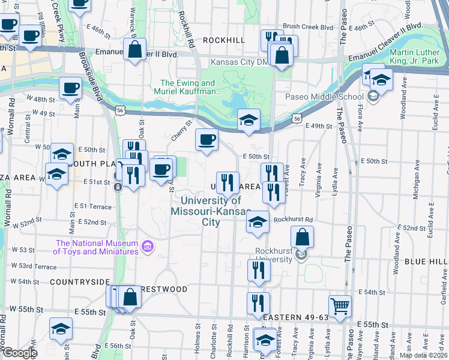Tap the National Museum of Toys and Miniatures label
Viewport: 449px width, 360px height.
pyautogui.click(x=97, y=247)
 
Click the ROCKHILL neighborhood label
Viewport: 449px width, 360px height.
pyautogui.click(x=224, y=40)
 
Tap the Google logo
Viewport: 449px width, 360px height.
pyautogui.click(x=19, y=353)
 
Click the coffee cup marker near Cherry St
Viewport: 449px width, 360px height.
pyautogui.click(x=206, y=140)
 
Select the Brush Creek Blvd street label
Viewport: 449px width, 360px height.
pyautogui.click(x=307, y=26)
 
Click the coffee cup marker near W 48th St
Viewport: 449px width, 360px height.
pyautogui.click(x=70, y=88)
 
